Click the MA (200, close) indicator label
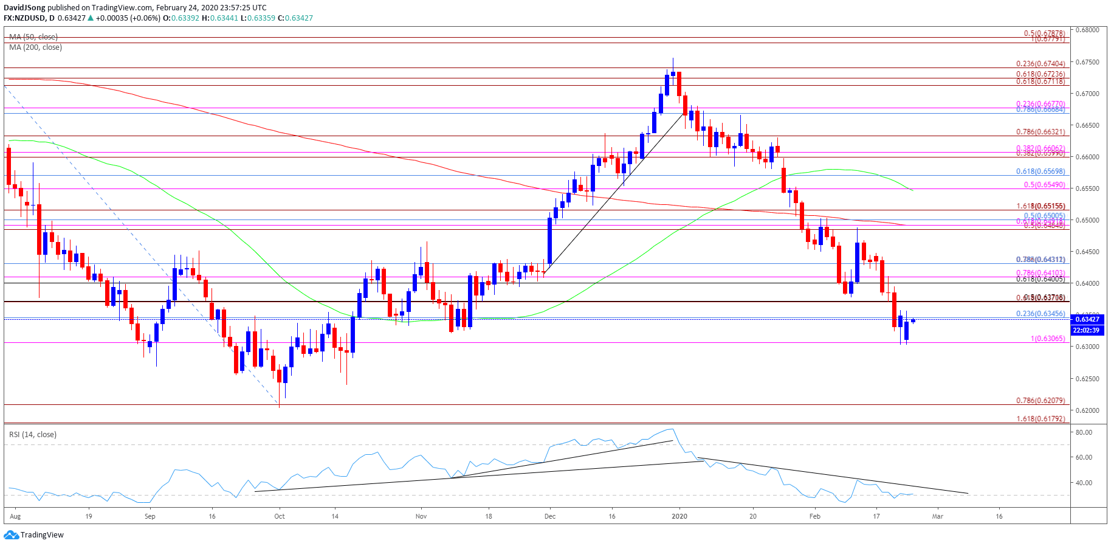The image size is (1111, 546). pos(35,47)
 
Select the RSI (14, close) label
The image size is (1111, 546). pos(33,434)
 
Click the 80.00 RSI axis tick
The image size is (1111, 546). pos(1084,432)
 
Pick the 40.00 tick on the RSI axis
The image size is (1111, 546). pos(1084,483)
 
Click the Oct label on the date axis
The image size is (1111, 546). pos(280,516)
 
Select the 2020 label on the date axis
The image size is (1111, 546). pos(679,516)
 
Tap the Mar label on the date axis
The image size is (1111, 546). pos(938,516)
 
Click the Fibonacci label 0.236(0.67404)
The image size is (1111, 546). pos(1040,64)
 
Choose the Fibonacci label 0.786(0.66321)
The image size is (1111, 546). pos(1040,132)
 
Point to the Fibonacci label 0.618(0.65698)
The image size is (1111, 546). pos(1040,172)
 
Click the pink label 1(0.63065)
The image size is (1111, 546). pos(1048,339)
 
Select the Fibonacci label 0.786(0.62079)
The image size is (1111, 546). pos(1040,401)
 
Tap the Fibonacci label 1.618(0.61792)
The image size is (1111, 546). pos(1040,419)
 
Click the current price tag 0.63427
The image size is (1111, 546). pos(1087,319)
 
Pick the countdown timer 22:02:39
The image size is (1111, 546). pos(1087,330)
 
